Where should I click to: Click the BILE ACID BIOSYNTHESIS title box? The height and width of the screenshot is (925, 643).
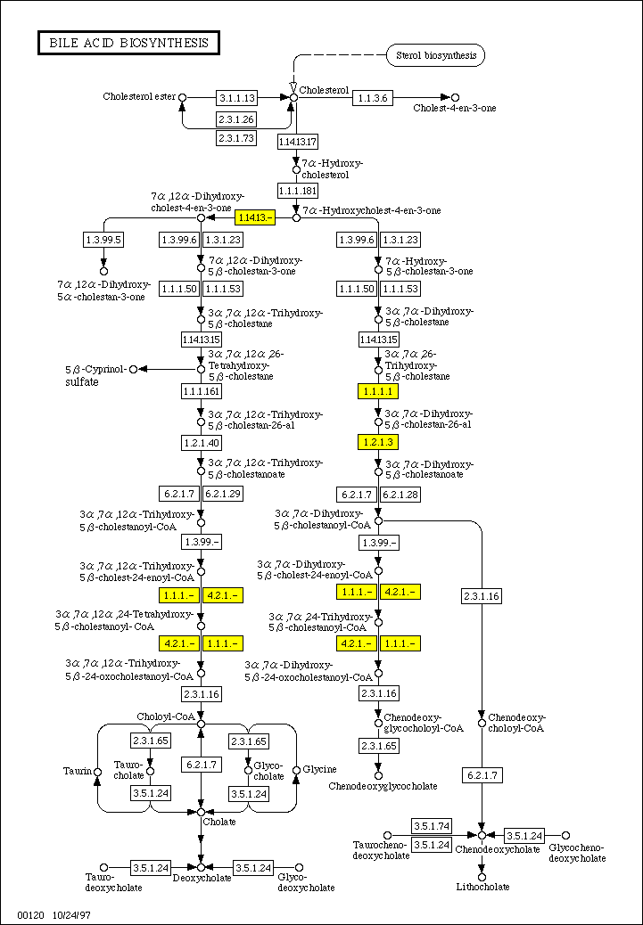click(128, 42)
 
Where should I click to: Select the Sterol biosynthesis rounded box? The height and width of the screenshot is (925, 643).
click(435, 55)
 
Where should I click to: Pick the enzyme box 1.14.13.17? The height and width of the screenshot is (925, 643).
click(298, 142)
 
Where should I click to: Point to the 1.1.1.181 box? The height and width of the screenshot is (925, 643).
click(298, 191)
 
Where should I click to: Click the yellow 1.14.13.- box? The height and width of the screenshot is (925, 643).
click(254, 217)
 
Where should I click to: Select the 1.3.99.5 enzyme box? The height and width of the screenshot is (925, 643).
click(103, 240)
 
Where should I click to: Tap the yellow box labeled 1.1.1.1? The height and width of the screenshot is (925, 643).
click(377, 391)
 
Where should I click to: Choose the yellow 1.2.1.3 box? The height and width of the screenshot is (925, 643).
click(377, 441)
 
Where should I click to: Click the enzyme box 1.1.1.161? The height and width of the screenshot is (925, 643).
click(202, 391)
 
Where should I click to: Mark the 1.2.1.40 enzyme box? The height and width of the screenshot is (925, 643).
click(202, 442)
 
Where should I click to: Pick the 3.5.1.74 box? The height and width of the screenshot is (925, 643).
click(431, 826)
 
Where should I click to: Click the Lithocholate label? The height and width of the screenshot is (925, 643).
click(482, 887)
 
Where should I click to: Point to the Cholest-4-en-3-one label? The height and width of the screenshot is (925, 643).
click(455, 109)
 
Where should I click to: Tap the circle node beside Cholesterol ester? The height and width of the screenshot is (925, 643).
click(183, 97)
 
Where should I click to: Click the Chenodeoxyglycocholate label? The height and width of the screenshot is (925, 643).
click(383, 786)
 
